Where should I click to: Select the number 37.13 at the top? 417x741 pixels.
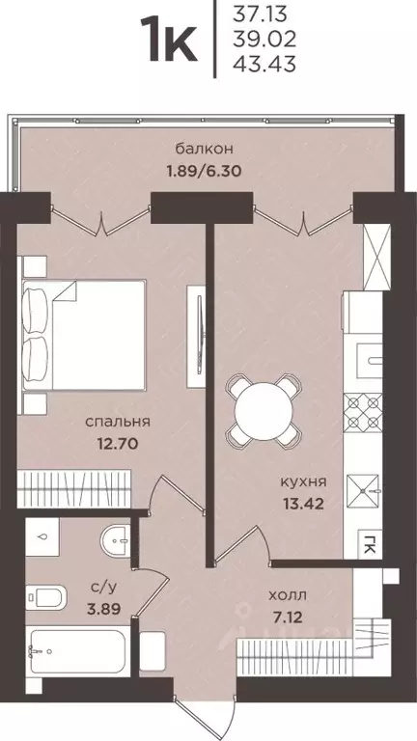click(261, 15)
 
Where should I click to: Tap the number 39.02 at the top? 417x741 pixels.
click(262, 41)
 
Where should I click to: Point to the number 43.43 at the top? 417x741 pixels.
click(262, 65)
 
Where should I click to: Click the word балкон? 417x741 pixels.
click(205, 149)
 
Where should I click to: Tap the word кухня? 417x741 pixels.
click(304, 480)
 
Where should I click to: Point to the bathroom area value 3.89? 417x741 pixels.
click(97, 609)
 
